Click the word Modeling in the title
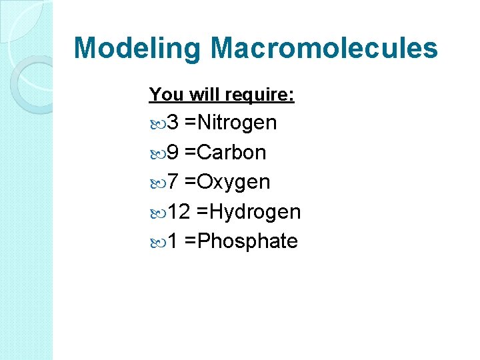(x=137, y=49)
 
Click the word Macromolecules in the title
(x=324, y=48)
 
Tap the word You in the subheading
(x=161, y=95)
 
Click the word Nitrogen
(x=235, y=123)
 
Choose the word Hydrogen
(x=253, y=212)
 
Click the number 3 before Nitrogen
(x=173, y=123)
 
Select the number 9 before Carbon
(x=173, y=153)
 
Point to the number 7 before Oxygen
(x=173, y=182)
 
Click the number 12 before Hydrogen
(x=179, y=212)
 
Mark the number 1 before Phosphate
(x=173, y=241)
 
